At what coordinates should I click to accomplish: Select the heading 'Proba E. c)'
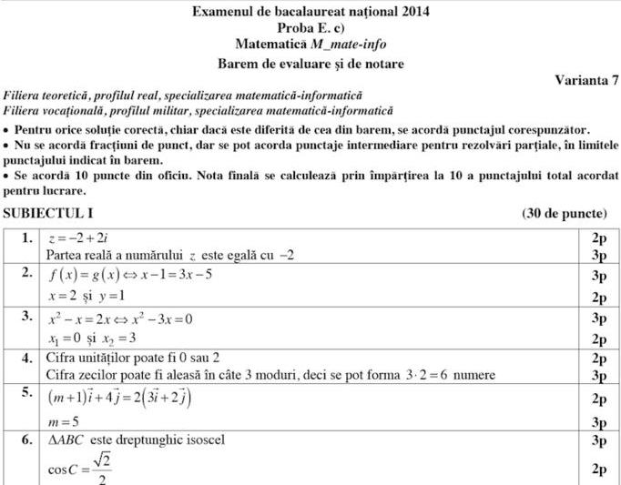pos(310,27)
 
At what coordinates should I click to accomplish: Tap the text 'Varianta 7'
pos(586,79)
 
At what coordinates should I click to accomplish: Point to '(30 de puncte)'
pos(565,214)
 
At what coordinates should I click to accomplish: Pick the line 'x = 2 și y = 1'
pos(87,297)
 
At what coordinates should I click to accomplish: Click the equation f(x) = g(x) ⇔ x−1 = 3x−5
pos(131,275)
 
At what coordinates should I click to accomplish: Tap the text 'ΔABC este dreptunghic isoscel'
pos(136,440)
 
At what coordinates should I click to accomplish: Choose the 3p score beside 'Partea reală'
pos(598,255)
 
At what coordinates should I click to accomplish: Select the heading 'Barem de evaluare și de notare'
pos(310,64)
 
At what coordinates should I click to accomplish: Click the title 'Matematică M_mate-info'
pos(310,44)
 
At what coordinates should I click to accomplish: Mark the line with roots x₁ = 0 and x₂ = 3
pos(91,338)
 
